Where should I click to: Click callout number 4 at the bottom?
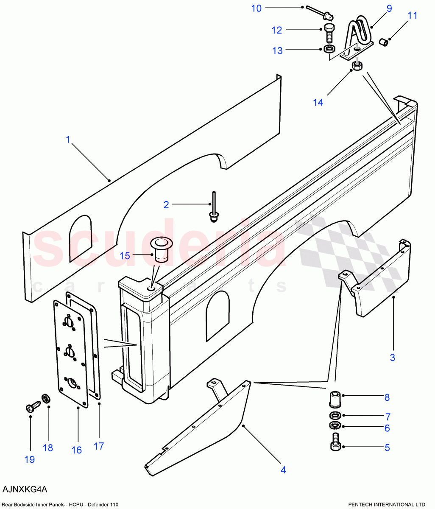click(x=283, y=470)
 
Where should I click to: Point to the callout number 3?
click(x=392, y=357)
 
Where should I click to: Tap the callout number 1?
click(x=68, y=140)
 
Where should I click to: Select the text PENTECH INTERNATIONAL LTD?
click(x=386, y=504)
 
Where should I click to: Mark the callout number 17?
click(x=98, y=446)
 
